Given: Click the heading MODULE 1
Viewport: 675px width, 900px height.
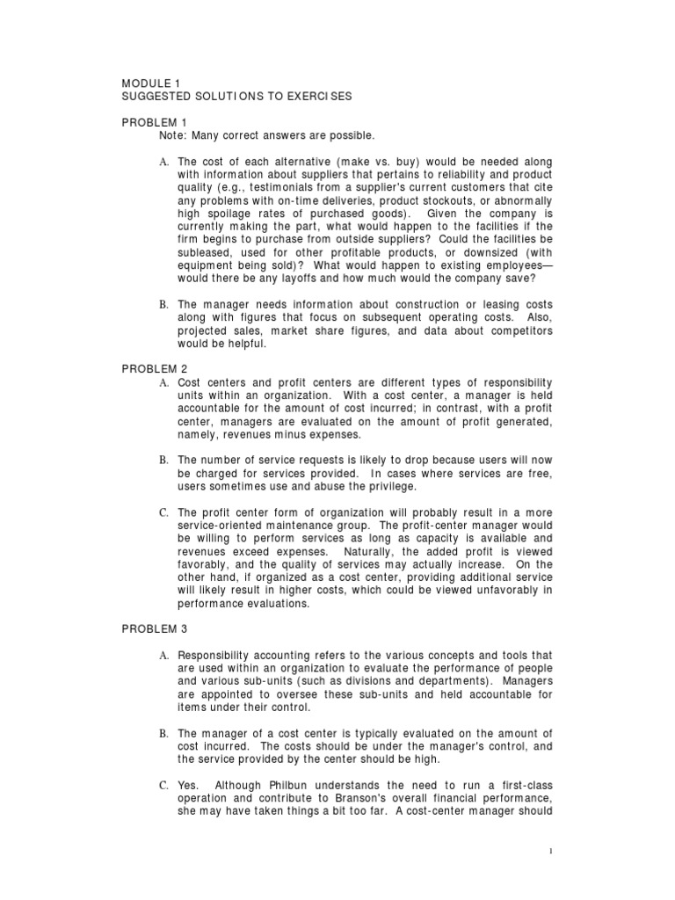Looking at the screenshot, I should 151,83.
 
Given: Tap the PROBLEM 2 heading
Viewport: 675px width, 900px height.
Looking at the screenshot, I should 155,369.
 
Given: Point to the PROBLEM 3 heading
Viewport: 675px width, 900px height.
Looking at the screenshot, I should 155,629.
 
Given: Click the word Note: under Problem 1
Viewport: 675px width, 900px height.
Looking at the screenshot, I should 175,135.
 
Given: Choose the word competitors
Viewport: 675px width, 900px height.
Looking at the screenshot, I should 517,332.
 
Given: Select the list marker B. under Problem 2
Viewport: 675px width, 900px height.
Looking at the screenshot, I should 163,460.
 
